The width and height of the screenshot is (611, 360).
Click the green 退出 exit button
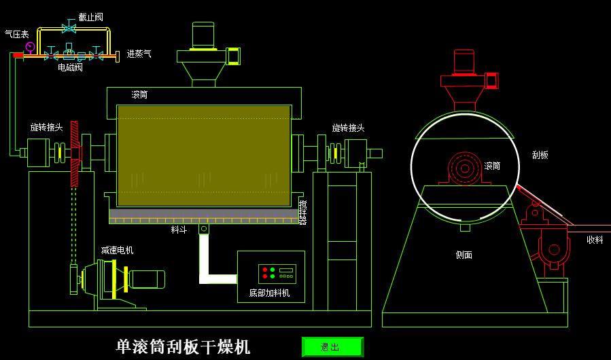332,347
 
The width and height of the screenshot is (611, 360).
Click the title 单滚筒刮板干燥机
184,347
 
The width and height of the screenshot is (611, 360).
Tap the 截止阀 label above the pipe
90,17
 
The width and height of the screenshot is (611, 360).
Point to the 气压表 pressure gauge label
16,33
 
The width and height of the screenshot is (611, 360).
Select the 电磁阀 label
70,67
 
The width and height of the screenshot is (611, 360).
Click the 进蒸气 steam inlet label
139,54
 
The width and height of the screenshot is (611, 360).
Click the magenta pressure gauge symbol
30,46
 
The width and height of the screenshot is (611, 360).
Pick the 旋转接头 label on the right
348,128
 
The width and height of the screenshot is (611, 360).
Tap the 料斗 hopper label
179,230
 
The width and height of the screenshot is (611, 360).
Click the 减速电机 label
117,250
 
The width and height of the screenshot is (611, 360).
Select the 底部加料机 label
269,293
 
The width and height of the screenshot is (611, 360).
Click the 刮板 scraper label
540,155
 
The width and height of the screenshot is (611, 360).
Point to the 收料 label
595,240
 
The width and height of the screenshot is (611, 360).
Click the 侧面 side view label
464,255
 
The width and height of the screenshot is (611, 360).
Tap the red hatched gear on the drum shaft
75,154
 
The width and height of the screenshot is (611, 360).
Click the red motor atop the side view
464,62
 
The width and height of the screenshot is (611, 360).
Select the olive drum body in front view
204,155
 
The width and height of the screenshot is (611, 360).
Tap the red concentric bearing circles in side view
464,168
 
